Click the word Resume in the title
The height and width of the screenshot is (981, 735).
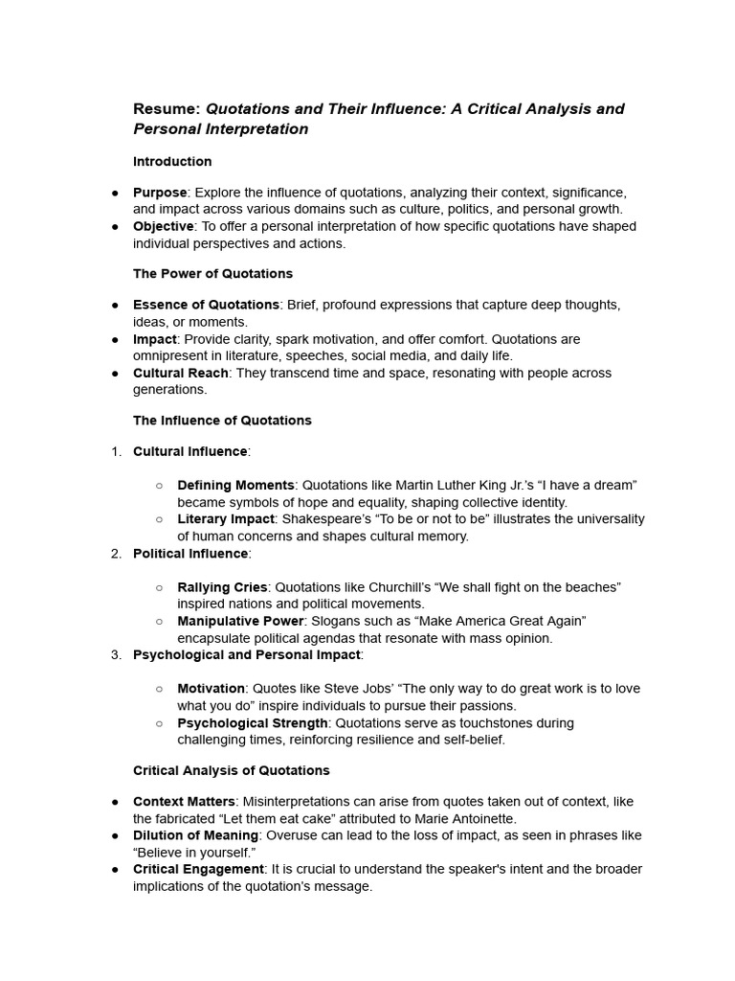point(167,108)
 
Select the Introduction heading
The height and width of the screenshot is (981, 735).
point(172,161)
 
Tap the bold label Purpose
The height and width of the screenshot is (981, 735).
point(160,193)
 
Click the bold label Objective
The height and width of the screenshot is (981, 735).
point(164,226)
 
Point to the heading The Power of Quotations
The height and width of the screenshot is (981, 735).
point(212,273)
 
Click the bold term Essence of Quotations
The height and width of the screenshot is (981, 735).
point(206,305)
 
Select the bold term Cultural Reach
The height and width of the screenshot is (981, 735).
point(181,373)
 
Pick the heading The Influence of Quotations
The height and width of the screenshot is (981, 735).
point(222,420)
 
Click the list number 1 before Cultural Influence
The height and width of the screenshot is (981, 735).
point(116,451)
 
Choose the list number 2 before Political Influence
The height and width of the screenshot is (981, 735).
point(116,553)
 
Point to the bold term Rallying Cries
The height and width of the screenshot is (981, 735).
point(222,586)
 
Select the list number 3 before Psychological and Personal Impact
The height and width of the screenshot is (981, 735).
point(116,654)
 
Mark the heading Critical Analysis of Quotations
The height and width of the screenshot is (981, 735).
point(231,770)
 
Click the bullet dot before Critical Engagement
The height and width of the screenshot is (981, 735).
point(114,869)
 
